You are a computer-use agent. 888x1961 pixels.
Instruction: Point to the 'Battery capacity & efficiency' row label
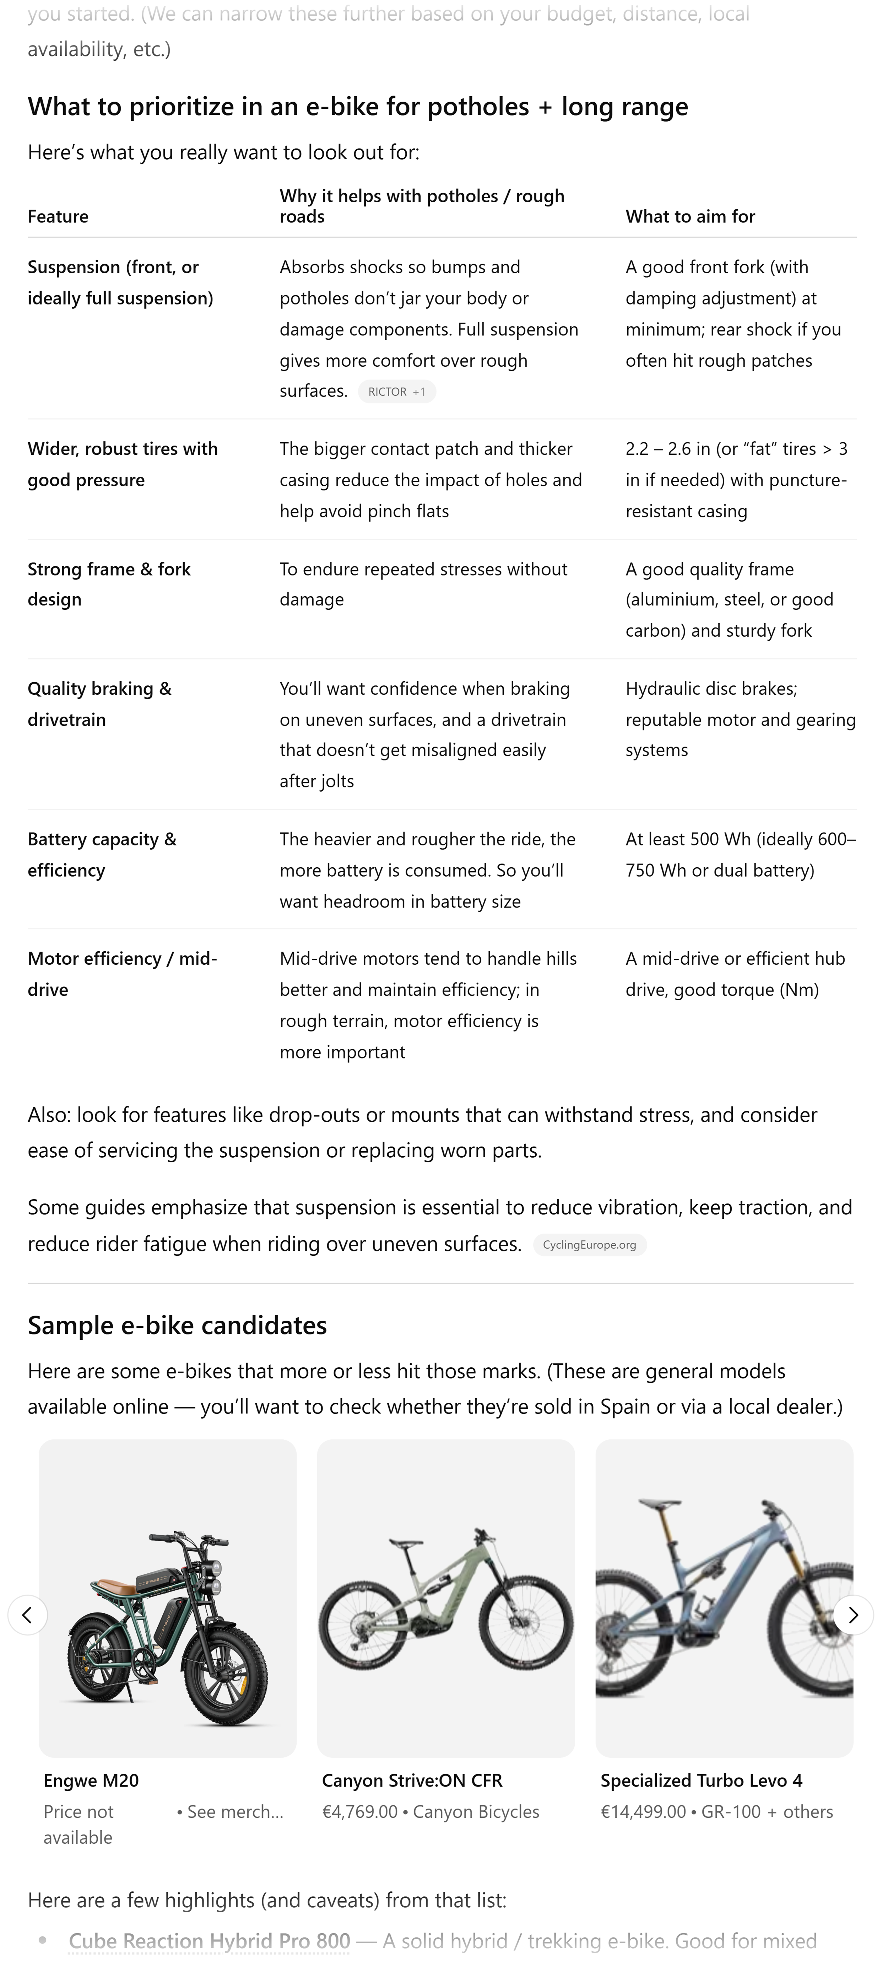102,854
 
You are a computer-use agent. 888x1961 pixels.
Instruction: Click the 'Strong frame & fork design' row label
109,584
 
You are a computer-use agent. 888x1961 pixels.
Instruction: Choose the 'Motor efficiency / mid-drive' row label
122,974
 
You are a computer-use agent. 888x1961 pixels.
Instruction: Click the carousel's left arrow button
27,1615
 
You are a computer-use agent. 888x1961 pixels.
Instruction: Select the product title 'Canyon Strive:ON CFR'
412,1780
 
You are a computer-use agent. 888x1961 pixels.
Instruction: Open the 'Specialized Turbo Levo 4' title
701,1780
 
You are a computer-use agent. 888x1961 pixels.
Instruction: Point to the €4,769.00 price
359,1812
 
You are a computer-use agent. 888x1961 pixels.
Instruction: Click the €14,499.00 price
643,1812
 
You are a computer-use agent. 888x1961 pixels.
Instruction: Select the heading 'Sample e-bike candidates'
177,1325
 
